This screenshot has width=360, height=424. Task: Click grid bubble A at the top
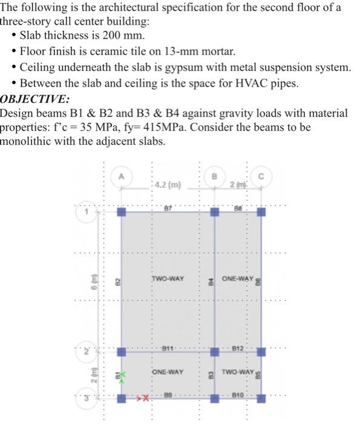pos(121,177)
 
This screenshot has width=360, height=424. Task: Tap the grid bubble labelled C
pos(261,177)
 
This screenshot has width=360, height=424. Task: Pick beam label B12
pos(238,348)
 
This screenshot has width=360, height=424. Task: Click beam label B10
pos(238,396)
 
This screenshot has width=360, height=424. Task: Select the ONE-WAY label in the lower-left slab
pos(168,371)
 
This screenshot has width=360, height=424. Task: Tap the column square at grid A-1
pos(121,213)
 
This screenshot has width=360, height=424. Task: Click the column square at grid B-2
pos(214,351)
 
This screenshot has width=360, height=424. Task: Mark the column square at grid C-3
pos(261,399)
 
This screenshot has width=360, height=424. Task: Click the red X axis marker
pos(145,400)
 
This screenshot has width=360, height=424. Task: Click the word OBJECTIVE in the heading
pos(34,99)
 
